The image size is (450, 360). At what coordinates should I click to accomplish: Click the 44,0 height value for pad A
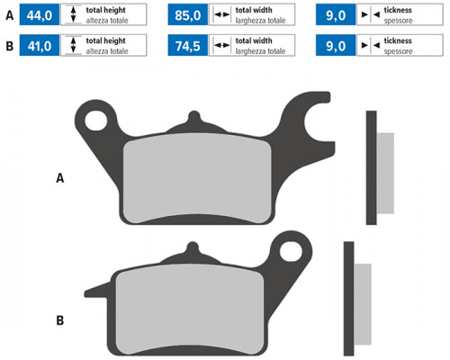tap(40, 15)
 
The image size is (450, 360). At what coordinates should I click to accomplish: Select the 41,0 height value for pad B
tap(40, 46)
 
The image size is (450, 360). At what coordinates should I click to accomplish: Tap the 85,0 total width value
tap(188, 15)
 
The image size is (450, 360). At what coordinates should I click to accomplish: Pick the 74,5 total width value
tap(188, 46)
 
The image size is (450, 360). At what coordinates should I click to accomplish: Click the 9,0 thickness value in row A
tap(336, 15)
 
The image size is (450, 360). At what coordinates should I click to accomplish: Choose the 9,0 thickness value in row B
tap(336, 46)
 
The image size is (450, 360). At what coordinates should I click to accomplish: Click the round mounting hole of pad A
tap(96, 121)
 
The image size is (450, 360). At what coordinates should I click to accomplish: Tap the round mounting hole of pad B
tap(291, 251)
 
